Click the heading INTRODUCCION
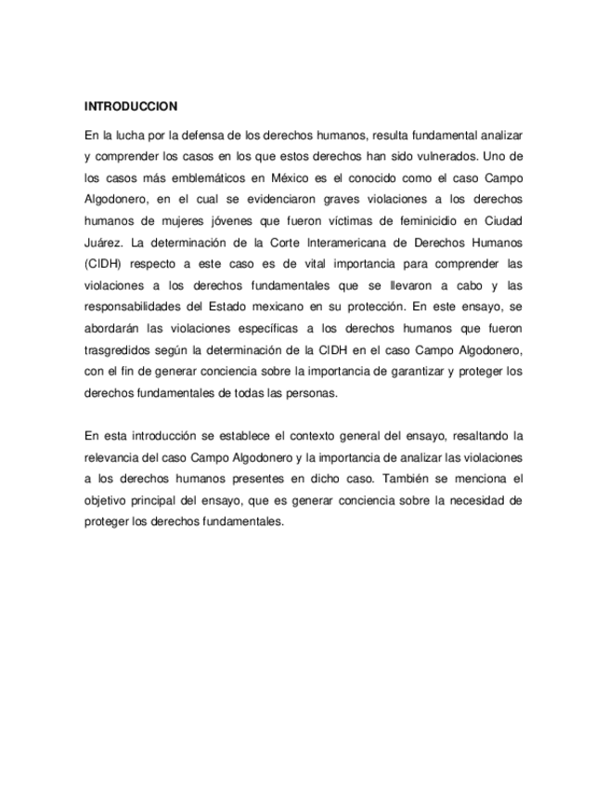coord(131,106)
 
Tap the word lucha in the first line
coord(125,132)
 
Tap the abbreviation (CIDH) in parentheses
coord(104,266)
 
